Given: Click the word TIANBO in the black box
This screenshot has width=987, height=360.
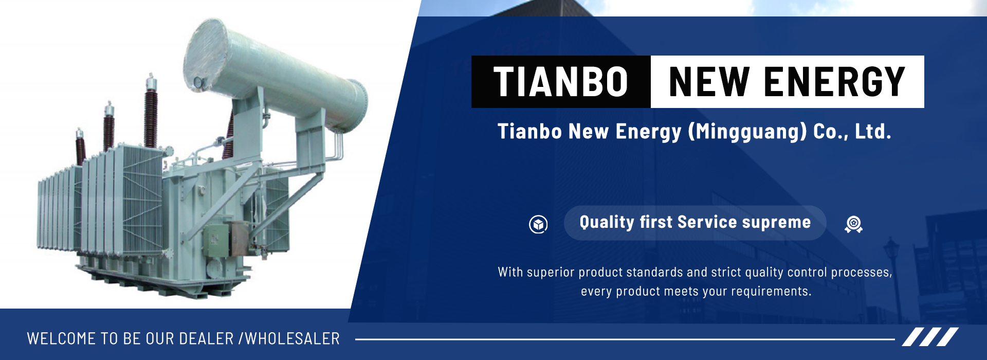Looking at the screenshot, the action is (x=561, y=82).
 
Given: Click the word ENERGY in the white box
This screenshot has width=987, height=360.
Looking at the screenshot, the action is (x=834, y=82).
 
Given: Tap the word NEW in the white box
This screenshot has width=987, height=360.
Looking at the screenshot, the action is (x=709, y=82).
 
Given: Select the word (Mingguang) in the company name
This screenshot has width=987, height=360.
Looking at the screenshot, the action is (x=747, y=132).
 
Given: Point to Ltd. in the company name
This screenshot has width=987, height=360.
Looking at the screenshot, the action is (x=873, y=131).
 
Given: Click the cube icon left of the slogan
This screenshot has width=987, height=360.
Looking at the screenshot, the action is (x=538, y=224).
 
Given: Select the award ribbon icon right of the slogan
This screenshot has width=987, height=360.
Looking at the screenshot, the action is (x=853, y=224).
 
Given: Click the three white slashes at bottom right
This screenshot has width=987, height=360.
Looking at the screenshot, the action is (x=930, y=337).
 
